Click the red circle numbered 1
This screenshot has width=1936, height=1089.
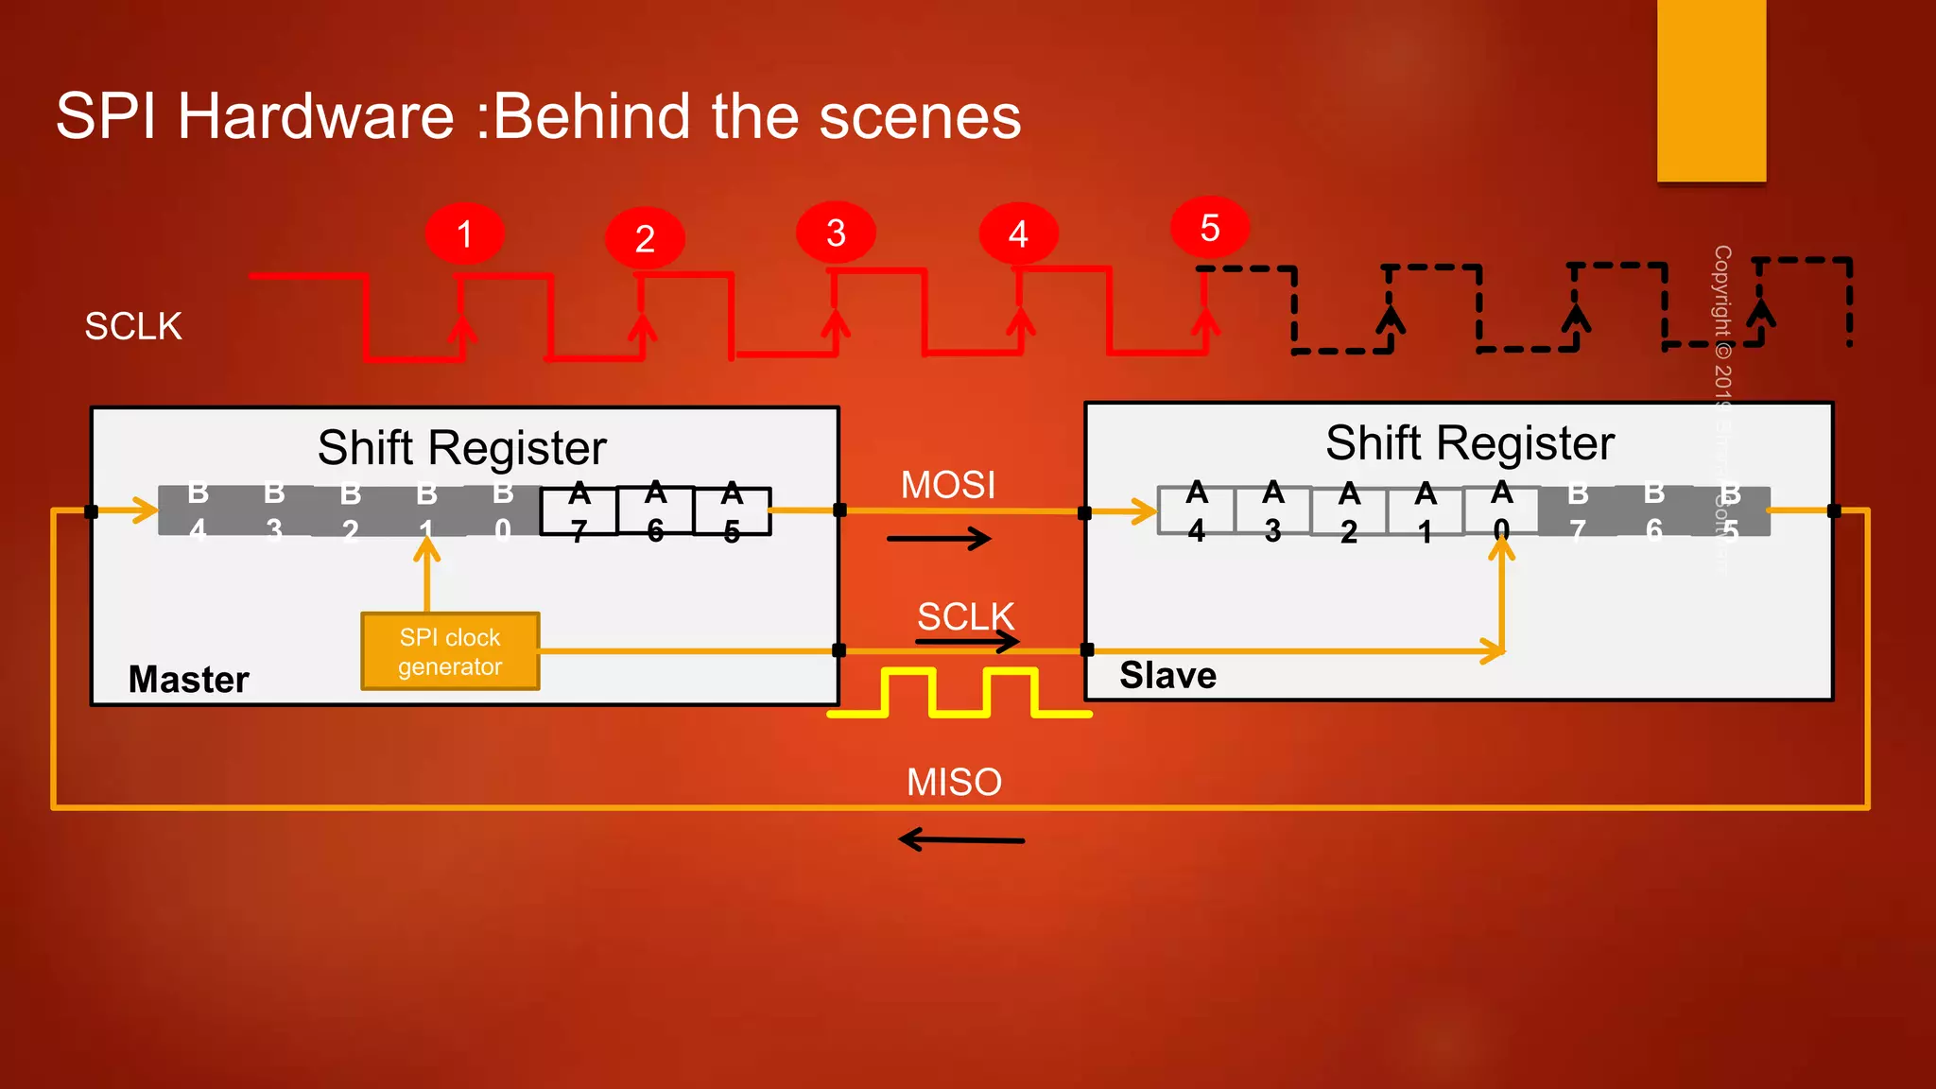464,233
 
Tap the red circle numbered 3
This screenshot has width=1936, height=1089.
836,233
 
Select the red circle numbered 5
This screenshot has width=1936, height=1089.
1209,228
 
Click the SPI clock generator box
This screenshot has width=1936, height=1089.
450,651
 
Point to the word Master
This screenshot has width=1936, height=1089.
188,679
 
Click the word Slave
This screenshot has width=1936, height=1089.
1167,675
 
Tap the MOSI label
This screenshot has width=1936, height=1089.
947,485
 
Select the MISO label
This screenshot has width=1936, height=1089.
953,782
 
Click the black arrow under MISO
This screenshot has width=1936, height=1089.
960,838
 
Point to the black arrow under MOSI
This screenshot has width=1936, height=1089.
939,539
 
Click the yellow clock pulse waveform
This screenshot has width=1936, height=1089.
959,693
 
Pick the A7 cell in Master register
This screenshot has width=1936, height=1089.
579,511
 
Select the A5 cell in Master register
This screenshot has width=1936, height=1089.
732,511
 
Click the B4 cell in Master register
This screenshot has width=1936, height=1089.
198,510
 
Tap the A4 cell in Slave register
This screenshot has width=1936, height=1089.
1197,510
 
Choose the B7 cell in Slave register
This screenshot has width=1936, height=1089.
1577,510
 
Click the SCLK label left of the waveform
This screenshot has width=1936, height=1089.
133,326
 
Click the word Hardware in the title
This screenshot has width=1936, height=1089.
316,116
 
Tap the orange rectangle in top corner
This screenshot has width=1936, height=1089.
1711,90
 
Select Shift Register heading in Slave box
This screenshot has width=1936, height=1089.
1469,442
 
